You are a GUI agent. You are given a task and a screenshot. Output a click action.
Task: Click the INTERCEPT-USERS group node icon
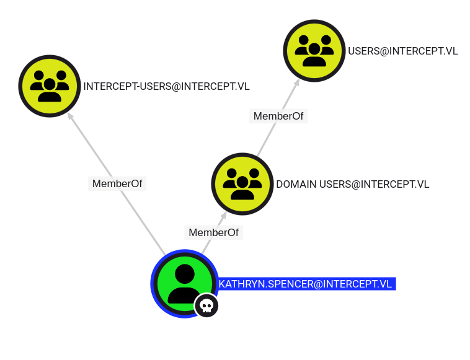point(50,86)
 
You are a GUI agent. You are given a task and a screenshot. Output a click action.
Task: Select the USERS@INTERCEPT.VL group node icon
point(314,51)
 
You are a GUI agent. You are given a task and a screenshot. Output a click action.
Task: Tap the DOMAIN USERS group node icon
point(242,184)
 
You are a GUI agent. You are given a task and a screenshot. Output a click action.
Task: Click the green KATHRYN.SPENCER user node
point(185,284)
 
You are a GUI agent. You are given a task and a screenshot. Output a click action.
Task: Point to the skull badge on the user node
point(206,306)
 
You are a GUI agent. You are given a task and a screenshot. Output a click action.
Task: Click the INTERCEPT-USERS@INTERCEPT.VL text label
point(166,87)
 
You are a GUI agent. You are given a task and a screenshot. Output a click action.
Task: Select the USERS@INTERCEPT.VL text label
point(403,51)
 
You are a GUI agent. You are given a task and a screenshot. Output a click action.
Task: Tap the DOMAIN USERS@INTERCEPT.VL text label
point(352,185)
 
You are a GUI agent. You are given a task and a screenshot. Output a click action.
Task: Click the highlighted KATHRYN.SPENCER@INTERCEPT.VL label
point(306,284)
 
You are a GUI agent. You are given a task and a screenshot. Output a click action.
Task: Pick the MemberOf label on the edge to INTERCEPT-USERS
point(117,183)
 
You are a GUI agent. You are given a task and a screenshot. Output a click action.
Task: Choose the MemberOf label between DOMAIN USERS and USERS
point(278,116)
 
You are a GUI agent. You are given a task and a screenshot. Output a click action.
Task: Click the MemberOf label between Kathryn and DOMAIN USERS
point(214,232)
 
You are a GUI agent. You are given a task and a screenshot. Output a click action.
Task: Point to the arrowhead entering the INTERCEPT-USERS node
point(70,116)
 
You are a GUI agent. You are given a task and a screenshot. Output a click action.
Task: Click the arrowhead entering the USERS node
point(296,82)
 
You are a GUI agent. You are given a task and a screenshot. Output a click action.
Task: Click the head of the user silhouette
point(185,274)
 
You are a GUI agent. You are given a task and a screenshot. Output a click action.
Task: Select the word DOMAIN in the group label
point(296,185)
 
